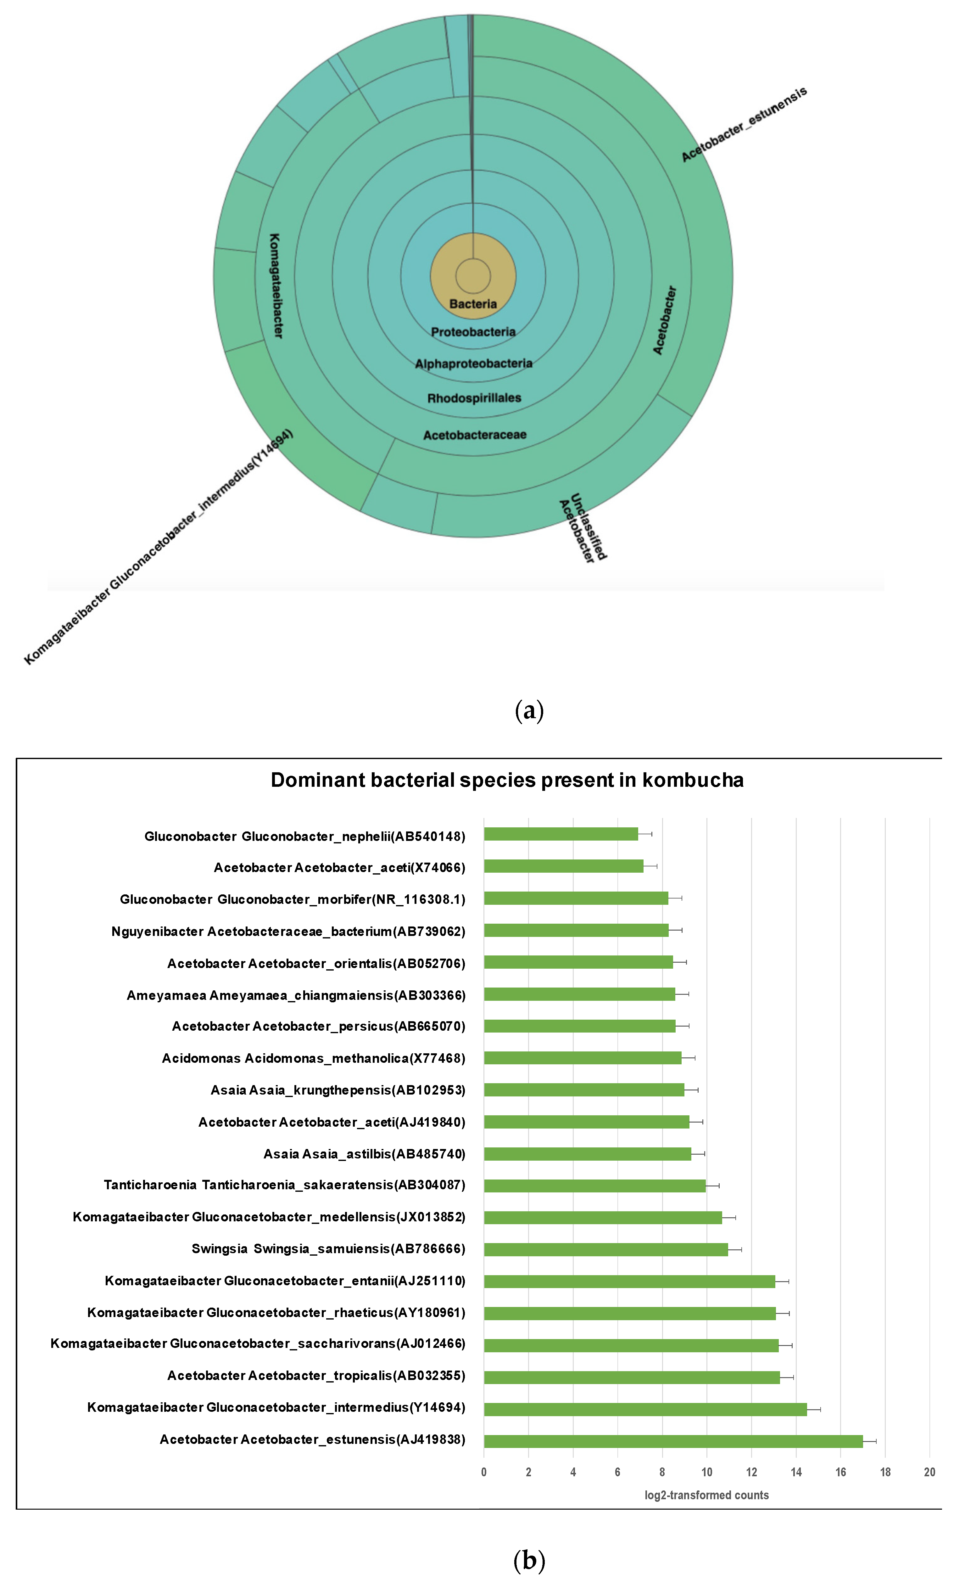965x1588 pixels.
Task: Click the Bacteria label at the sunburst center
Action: [473, 304]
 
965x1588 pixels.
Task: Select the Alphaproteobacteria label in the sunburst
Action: [473, 364]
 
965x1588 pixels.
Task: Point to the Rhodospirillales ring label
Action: [474, 398]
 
